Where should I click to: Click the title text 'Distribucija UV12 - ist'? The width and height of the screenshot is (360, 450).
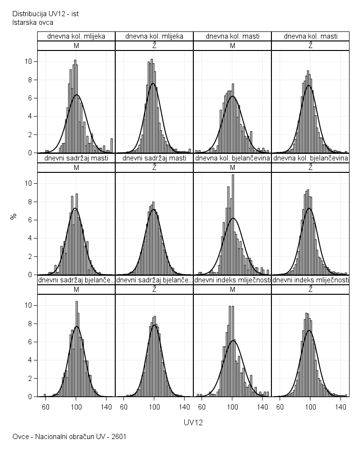(x=45, y=14)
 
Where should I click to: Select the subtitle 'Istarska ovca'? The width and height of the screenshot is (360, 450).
(x=32, y=22)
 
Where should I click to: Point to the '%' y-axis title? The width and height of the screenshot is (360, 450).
(x=14, y=216)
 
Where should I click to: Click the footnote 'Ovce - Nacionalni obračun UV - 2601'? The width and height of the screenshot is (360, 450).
(x=69, y=436)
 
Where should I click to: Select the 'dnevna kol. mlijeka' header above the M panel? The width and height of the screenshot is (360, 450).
(x=76, y=36)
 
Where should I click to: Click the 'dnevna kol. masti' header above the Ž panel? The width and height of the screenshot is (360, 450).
(x=310, y=36)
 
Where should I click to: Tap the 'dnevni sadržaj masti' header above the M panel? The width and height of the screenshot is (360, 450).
(x=76, y=158)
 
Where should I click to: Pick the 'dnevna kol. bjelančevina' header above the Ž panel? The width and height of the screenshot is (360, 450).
(x=310, y=158)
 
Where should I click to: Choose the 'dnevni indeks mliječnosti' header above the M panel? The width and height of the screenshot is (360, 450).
(x=232, y=280)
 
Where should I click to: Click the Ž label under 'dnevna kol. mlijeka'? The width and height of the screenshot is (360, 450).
(x=154, y=46)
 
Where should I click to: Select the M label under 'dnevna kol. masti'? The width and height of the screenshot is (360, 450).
(x=232, y=46)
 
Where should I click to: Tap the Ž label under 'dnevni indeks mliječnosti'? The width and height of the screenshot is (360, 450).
(x=310, y=290)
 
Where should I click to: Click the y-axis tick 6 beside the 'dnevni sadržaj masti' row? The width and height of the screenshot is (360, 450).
(x=30, y=220)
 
